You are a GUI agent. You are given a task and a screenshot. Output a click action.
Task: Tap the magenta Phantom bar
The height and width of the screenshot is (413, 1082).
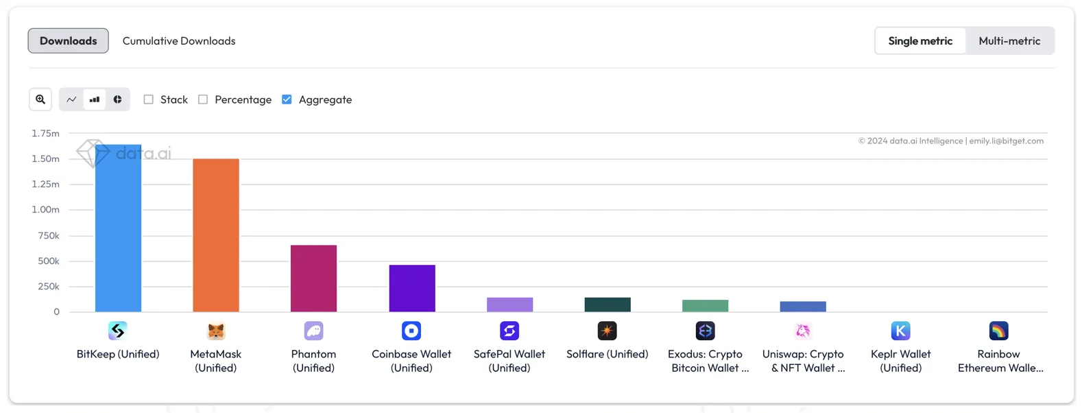click(x=313, y=279)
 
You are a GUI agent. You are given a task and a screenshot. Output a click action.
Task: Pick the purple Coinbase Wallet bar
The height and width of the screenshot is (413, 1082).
click(x=411, y=288)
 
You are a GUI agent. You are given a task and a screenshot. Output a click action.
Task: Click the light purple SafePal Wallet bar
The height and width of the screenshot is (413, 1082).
click(x=509, y=305)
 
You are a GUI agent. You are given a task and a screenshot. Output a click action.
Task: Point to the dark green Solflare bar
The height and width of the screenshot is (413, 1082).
click(x=608, y=305)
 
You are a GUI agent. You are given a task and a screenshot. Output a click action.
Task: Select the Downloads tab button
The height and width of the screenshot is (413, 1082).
click(x=68, y=40)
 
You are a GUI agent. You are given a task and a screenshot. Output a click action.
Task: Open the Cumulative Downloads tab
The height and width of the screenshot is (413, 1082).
click(x=179, y=40)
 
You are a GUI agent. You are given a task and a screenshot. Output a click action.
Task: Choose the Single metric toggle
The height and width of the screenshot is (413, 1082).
click(x=919, y=40)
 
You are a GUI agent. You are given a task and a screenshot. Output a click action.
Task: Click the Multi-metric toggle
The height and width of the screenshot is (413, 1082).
click(x=1009, y=40)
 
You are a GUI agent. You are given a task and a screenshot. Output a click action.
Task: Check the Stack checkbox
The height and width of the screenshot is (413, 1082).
click(x=148, y=99)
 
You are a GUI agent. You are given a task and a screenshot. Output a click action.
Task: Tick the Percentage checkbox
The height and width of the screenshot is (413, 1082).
click(x=203, y=99)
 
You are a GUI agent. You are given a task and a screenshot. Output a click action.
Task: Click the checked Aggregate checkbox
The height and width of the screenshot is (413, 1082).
click(x=287, y=99)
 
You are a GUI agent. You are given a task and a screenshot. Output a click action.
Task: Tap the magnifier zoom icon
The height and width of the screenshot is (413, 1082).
click(x=40, y=99)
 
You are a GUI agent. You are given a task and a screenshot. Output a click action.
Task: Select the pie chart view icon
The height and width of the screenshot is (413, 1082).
click(x=118, y=99)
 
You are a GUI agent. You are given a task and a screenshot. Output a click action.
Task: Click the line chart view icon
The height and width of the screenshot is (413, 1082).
click(x=71, y=99)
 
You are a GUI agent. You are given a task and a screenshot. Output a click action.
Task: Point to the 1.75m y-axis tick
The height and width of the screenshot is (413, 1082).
click(x=45, y=133)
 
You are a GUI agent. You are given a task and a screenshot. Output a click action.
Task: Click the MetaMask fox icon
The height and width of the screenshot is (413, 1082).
click(x=216, y=331)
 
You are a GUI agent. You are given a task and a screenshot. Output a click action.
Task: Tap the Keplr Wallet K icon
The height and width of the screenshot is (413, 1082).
click(x=900, y=331)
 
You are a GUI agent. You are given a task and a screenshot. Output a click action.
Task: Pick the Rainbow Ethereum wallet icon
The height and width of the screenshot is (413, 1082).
click(x=998, y=331)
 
